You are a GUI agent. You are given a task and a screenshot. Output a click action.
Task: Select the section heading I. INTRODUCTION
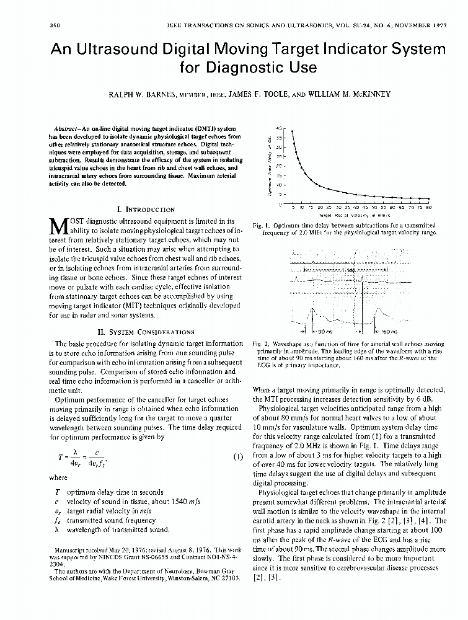coord(142,210)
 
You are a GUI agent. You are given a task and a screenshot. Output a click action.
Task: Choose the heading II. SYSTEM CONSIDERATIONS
coord(141,332)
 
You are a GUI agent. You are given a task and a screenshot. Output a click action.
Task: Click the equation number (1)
coord(237,458)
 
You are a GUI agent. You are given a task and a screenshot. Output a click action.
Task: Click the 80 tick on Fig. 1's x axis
coord(429,208)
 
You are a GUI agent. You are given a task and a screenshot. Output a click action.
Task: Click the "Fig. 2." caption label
coord(260,343)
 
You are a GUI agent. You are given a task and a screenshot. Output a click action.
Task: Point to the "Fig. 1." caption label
coord(260,224)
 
